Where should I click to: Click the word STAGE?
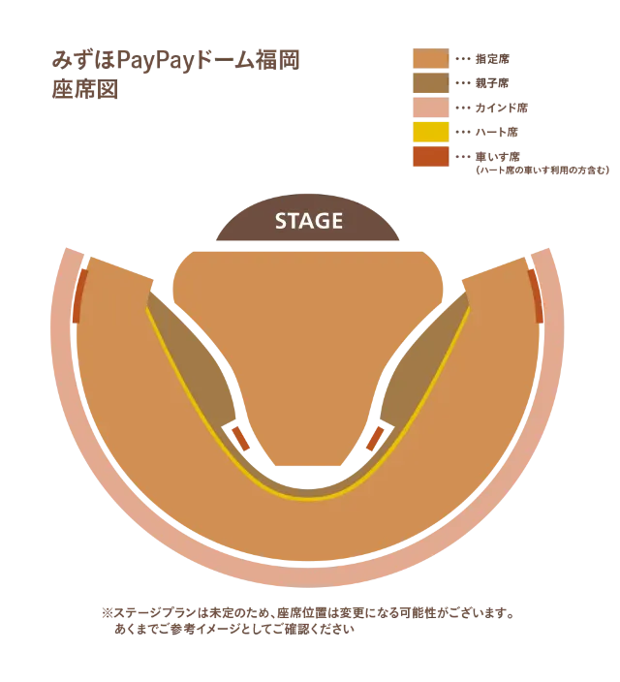pyautogui.click(x=308, y=221)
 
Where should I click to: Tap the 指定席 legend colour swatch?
pyautogui.click(x=431, y=58)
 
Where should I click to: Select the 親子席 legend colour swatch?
pyautogui.click(x=431, y=83)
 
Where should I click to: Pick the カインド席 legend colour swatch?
pyautogui.click(x=431, y=108)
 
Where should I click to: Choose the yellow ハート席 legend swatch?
pyautogui.click(x=431, y=132)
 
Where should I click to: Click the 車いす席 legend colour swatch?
pyautogui.click(x=431, y=157)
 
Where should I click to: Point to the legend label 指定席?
pyautogui.click(x=492, y=59)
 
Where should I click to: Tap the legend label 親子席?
pyautogui.click(x=492, y=83)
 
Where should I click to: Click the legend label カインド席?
pyautogui.click(x=501, y=108)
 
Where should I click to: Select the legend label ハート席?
pyautogui.click(x=497, y=132)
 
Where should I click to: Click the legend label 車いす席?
pyautogui.click(x=497, y=157)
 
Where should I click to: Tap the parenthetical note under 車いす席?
pyautogui.click(x=542, y=170)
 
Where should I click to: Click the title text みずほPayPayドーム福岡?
pyautogui.click(x=175, y=60)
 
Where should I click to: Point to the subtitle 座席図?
pyautogui.click(x=85, y=89)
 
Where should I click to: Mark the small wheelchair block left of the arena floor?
pyautogui.click(x=240, y=439)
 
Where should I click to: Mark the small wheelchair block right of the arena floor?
pyautogui.click(x=375, y=439)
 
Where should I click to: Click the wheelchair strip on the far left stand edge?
pyautogui.click(x=80, y=295)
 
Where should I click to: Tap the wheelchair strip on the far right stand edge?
pyautogui.click(x=536, y=295)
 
